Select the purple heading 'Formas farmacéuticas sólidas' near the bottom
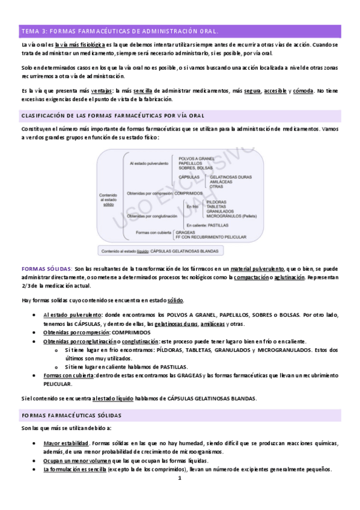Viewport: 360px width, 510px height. pyautogui.click(x=72, y=415)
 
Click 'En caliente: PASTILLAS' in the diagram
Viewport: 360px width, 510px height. pyautogui.click(x=207, y=224)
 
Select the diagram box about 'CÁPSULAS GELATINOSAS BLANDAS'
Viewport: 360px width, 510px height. pyautogui.click(x=178, y=251)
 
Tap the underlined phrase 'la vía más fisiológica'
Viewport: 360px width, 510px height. pyautogui.click(x=80, y=45)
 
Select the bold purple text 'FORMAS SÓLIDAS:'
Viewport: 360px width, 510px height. pyautogui.click(x=47, y=268)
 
